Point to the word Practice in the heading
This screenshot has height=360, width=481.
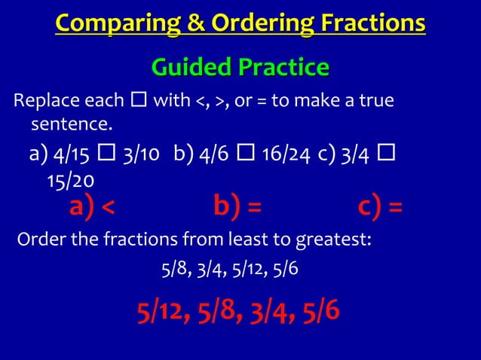coord(283,67)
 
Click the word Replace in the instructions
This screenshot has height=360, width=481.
coord(42,101)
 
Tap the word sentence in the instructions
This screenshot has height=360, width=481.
coord(70,122)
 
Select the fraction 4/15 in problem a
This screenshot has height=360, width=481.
coord(72,155)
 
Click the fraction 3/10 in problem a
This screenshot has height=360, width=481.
coord(140,155)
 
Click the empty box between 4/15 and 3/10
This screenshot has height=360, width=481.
coord(106,155)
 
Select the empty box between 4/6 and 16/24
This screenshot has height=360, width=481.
coord(246,155)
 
